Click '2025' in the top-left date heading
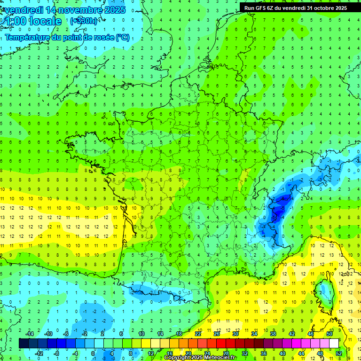coord(114,9)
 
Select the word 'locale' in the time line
coord(45,21)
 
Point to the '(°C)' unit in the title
coord(122,38)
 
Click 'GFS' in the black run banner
coord(261,8)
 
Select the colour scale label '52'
coord(339,353)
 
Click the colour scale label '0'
coord(93,353)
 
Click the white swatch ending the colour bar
coord(334,343)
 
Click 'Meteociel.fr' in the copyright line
coord(220,358)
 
